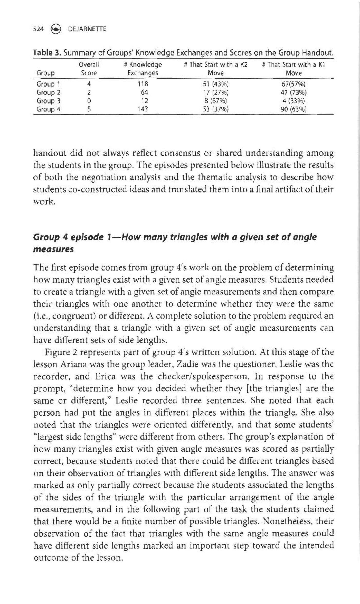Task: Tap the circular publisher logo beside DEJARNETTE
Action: tap(56, 29)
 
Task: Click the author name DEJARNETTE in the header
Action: tap(87, 29)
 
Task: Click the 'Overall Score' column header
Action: tap(89, 69)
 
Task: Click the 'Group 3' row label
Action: tap(49, 101)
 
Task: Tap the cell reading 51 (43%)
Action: tap(215, 84)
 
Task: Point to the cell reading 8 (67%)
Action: tap(215, 101)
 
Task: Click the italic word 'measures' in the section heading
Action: tap(54, 249)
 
